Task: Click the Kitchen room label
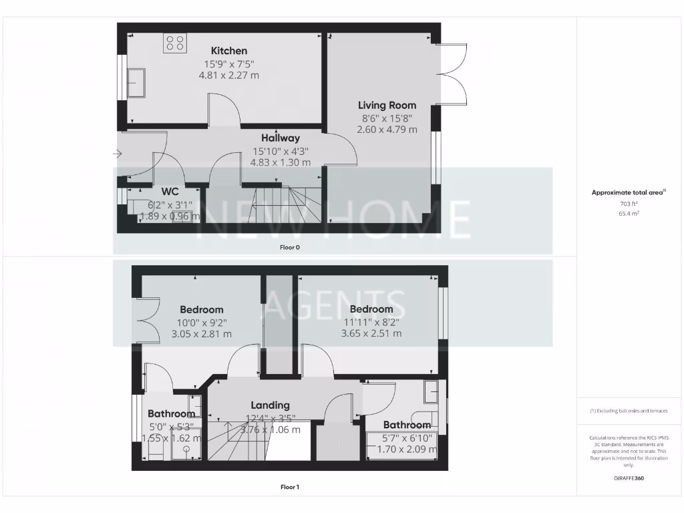pyautogui.click(x=229, y=51)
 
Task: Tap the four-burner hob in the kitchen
pyautogui.click(x=175, y=43)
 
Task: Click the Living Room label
pyautogui.click(x=387, y=105)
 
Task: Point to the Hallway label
pyautogui.click(x=280, y=138)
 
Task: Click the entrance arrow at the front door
pyautogui.click(x=118, y=154)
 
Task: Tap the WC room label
pyautogui.click(x=170, y=192)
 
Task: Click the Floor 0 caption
pyautogui.click(x=290, y=247)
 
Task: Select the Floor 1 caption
pyautogui.click(x=290, y=487)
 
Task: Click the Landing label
pyautogui.click(x=270, y=405)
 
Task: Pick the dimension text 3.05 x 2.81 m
pyautogui.click(x=201, y=334)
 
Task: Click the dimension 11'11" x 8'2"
pyautogui.click(x=371, y=321)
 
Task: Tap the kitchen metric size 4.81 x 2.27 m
pyautogui.click(x=228, y=75)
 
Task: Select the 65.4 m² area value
pyautogui.click(x=629, y=214)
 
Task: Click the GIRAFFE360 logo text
pyautogui.click(x=629, y=478)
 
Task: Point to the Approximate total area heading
pyautogui.click(x=628, y=192)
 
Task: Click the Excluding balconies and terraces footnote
pyautogui.click(x=629, y=411)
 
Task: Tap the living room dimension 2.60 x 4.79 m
pyautogui.click(x=387, y=130)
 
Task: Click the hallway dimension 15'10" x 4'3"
pyautogui.click(x=280, y=150)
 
